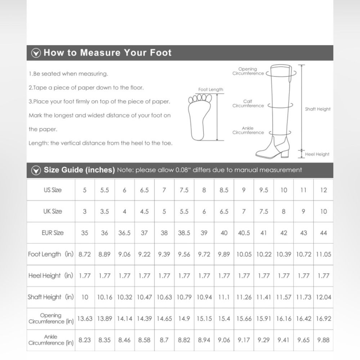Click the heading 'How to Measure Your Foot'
click(107, 53)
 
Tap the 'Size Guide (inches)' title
click(79, 170)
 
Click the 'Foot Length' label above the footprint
click(211, 89)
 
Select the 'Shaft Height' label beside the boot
click(318, 109)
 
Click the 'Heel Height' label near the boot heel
click(317, 154)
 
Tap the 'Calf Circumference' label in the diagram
click(248, 104)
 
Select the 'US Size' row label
click(53, 190)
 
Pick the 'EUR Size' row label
click(53, 233)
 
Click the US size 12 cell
click(323, 190)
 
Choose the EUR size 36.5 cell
click(125, 233)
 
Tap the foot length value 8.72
click(85, 254)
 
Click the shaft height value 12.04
click(323, 297)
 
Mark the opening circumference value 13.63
click(85, 319)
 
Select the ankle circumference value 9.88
click(323, 340)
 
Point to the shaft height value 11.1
click(224, 297)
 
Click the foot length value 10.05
click(244, 254)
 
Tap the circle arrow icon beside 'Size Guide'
click(36, 170)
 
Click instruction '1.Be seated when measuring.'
click(68, 74)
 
